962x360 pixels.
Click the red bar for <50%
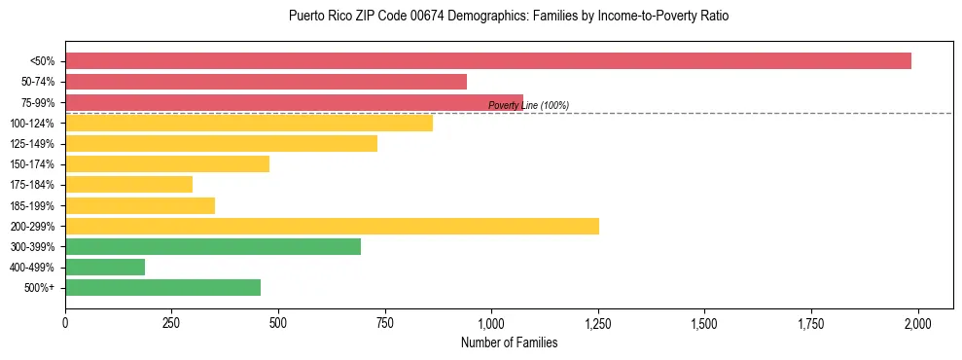[487, 61]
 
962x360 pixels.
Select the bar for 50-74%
[266, 82]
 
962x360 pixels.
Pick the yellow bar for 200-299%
[332, 226]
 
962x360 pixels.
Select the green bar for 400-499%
[105, 267]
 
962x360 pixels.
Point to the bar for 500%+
[162, 287]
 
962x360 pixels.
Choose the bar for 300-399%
[212, 246]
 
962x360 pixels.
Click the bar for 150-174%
[166, 163]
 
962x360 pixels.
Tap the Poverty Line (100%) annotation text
[528, 105]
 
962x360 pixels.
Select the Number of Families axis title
[509, 342]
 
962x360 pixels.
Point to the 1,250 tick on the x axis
[598, 322]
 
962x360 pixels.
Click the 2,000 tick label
[917, 322]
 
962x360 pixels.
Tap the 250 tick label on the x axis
[171, 322]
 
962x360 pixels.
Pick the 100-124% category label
[33, 124]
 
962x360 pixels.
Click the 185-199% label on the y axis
[33, 205]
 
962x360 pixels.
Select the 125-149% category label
[33, 144]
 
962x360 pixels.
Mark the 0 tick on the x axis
[65, 322]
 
